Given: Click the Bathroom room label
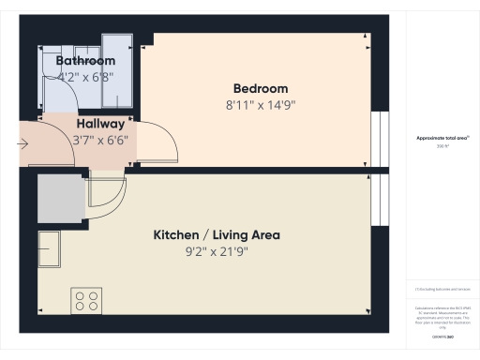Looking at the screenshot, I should pyautogui.click(x=85, y=61).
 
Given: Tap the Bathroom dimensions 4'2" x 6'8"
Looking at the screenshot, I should pyautogui.click(x=85, y=76).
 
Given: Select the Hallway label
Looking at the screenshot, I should pyautogui.click(x=99, y=124).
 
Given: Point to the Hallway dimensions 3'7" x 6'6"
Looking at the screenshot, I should pyautogui.click(x=99, y=140).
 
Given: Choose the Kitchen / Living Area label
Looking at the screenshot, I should pyautogui.click(x=217, y=234).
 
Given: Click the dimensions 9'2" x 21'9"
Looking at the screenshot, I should pyautogui.click(x=217, y=251).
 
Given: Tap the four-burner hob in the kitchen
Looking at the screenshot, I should pyautogui.click(x=86, y=301).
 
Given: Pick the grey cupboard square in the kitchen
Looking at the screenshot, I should pyautogui.click(x=62, y=197).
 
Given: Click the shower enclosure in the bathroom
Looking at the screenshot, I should pyautogui.click(x=117, y=66).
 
